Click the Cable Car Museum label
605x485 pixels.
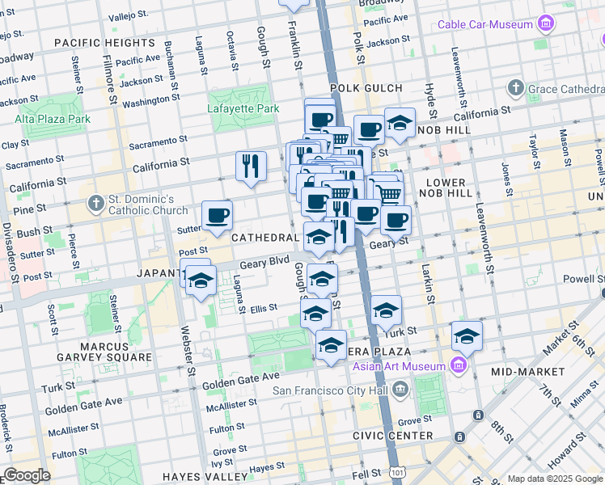(484, 24)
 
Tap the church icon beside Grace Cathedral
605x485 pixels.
(515, 87)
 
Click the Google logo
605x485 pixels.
(27, 475)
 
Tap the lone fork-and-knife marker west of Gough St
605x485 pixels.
(251, 167)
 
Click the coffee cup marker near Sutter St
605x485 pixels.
(217, 216)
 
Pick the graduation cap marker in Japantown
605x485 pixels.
(200, 282)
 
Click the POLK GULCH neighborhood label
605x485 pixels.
(366, 87)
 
